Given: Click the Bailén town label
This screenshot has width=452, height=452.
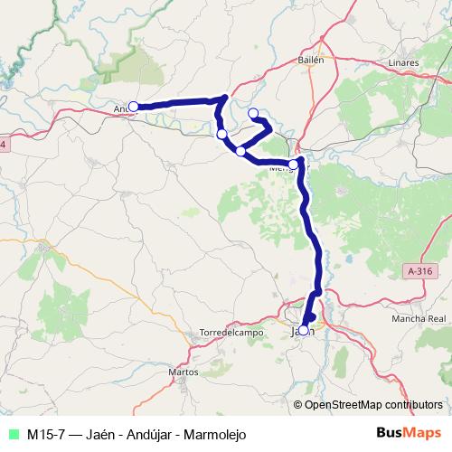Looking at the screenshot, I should (310, 60).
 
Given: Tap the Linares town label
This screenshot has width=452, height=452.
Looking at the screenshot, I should (401, 63).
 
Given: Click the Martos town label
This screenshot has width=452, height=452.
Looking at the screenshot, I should (184, 372).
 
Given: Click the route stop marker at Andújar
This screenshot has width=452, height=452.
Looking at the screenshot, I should (133, 107).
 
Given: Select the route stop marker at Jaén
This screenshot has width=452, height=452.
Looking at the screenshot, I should (305, 330).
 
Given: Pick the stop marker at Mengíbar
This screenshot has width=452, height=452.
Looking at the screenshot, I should (292, 164).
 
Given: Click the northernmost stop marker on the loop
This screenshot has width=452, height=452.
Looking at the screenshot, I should (253, 113).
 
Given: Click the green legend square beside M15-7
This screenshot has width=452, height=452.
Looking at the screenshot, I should (13, 433).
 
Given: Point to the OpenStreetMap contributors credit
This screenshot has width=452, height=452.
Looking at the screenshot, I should (372, 404).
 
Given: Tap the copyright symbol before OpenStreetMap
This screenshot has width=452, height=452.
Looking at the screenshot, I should (297, 404).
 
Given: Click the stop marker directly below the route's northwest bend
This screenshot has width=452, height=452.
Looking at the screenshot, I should (222, 135).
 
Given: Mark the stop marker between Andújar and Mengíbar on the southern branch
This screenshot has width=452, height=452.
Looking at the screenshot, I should (240, 151).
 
